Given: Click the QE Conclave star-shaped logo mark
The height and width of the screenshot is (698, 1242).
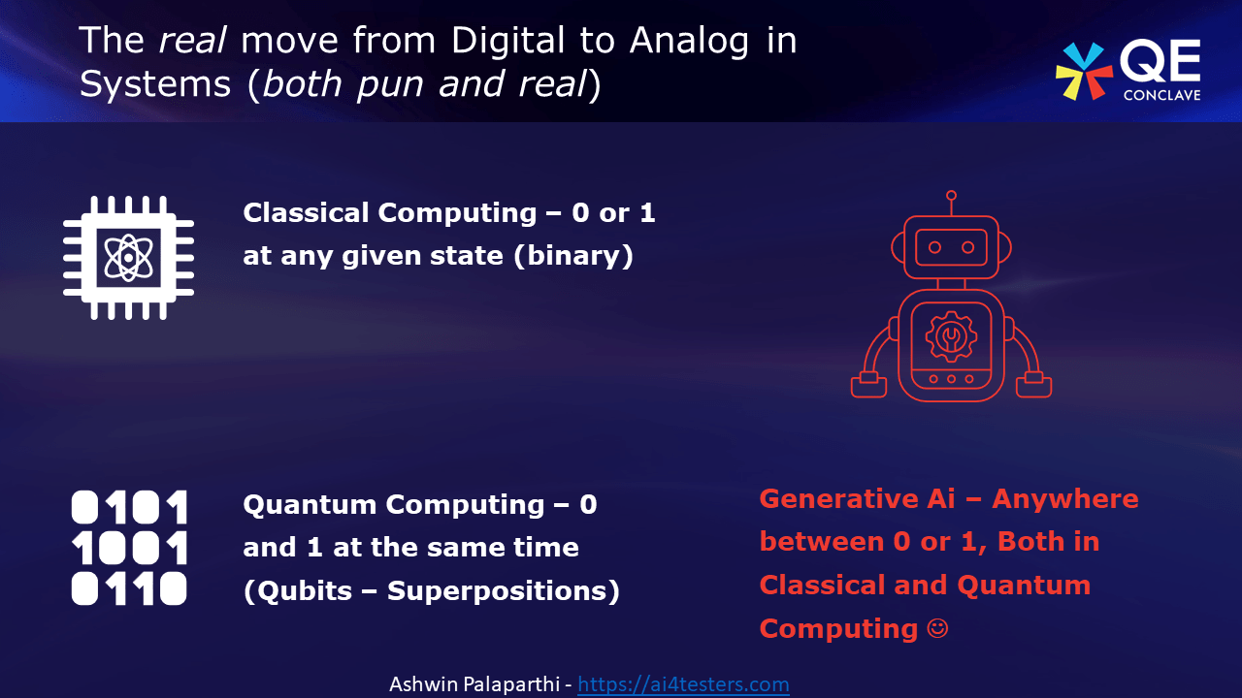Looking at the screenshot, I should click(1084, 71).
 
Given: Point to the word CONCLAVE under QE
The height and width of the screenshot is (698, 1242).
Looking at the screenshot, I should click(1161, 95).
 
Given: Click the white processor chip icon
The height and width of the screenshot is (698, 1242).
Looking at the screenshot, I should click(129, 257).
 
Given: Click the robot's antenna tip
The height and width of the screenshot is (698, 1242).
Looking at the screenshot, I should click(951, 196).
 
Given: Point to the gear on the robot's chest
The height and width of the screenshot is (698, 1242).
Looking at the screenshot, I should click(951, 336).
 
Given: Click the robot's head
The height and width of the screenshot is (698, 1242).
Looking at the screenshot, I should click(951, 248).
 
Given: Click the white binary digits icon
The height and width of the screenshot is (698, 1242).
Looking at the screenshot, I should click(129, 548).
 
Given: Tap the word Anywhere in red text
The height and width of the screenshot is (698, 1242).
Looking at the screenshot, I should click(1064, 499).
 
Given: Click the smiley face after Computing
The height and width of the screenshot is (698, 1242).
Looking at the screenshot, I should click(937, 628).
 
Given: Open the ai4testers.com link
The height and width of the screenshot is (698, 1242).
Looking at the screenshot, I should click(683, 684).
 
